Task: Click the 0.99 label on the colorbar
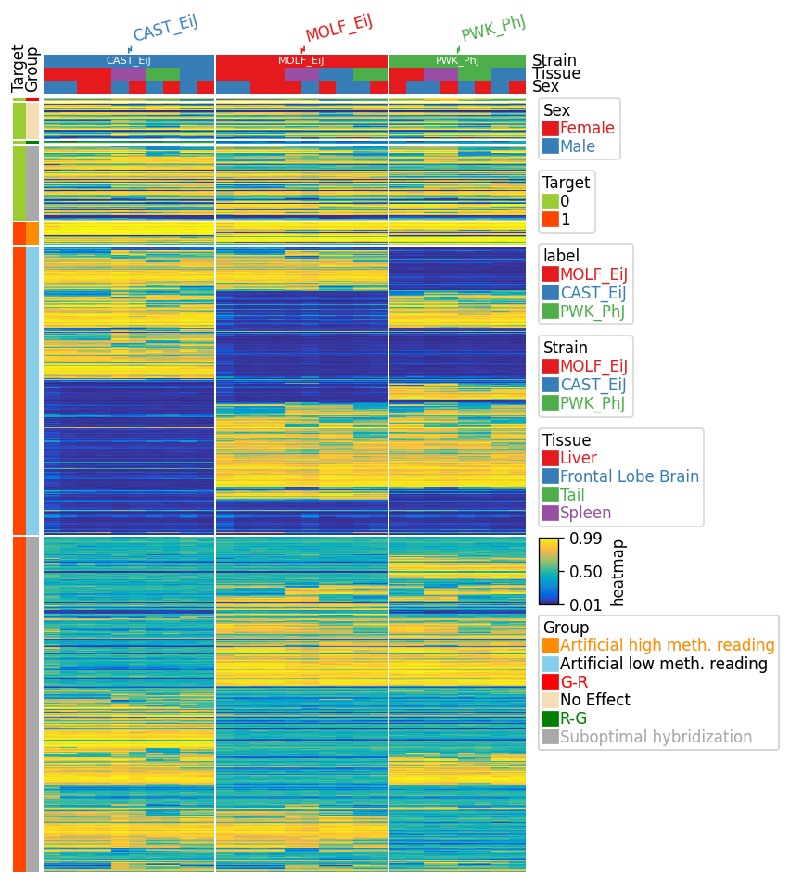click(586, 539)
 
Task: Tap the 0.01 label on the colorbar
click(586, 605)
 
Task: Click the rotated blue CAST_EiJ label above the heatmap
click(165, 29)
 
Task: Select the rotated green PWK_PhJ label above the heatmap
click(493, 28)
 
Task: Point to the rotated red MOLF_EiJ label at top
click(338, 29)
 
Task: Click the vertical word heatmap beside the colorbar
click(618, 573)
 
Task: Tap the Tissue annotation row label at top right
click(556, 73)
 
